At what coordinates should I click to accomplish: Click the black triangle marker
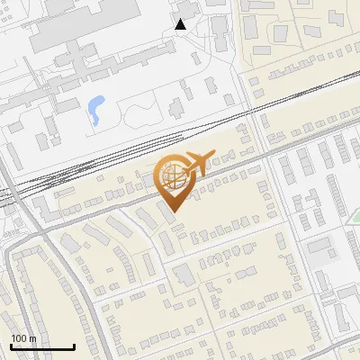tap(181, 24)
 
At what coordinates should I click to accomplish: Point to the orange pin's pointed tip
tap(173, 211)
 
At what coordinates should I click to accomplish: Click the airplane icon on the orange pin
tap(195, 163)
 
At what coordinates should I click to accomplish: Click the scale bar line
tap(42, 347)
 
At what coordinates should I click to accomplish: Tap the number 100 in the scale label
tap(18, 339)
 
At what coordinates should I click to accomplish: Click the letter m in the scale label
tap(31, 339)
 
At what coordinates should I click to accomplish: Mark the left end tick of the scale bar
tap(11, 346)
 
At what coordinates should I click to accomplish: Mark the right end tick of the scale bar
tap(74, 346)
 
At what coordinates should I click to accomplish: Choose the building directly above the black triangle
tap(184, 8)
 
